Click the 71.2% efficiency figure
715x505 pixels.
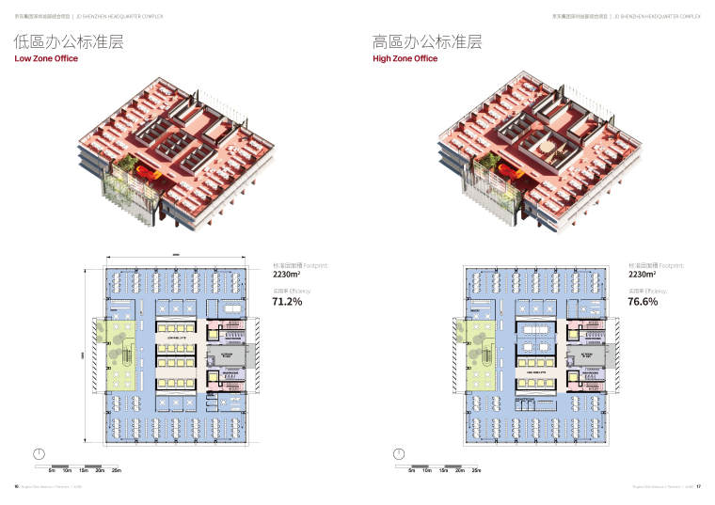click(286, 303)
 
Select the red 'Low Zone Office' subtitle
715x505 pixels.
click(45, 58)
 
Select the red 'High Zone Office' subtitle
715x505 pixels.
click(405, 58)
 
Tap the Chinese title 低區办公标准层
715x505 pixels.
click(69, 41)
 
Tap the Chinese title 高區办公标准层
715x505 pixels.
click(427, 41)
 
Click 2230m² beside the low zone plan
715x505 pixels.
click(286, 276)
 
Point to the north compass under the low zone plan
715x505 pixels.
click(39, 453)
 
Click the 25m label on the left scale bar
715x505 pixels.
click(116, 469)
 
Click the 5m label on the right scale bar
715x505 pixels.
click(410, 469)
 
